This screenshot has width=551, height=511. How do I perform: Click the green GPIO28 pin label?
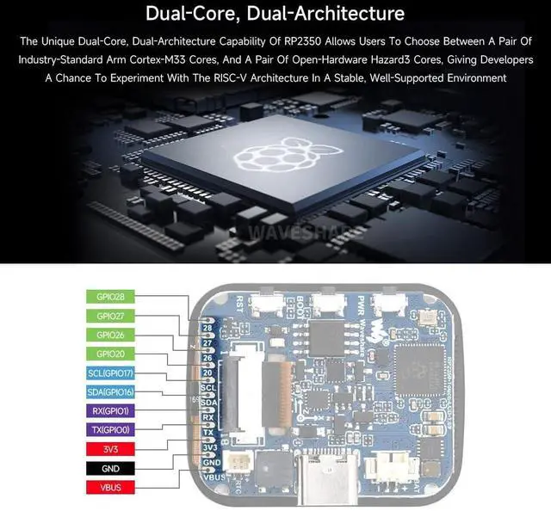tap(111, 297)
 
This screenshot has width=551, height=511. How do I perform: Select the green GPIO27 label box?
tap(111, 316)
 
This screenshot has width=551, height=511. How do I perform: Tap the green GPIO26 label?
tap(111, 335)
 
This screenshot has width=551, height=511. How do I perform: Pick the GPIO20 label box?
tap(111, 354)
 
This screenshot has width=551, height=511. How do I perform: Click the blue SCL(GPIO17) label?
tap(111, 372)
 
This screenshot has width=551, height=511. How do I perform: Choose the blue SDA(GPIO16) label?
tap(111, 391)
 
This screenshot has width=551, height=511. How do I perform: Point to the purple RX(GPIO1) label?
tap(111, 410)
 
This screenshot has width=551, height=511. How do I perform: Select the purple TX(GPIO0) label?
tap(111, 429)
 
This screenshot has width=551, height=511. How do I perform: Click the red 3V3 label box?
tap(111, 448)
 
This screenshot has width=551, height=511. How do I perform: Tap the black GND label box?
tap(111, 468)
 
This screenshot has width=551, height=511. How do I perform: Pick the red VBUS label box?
tap(111, 487)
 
